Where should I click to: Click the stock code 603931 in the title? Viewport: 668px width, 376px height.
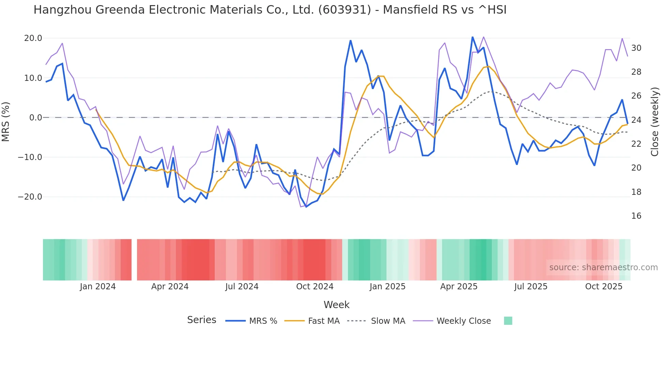click(x=345, y=10)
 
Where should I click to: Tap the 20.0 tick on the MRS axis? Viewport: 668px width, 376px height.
click(x=33, y=38)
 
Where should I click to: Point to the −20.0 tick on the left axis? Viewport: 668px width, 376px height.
click(x=30, y=197)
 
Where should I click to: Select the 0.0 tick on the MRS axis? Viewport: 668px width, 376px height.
click(x=35, y=118)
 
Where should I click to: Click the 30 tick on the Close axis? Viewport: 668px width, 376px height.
click(x=636, y=48)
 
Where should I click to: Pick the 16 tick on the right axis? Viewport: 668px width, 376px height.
click(x=636, y=216)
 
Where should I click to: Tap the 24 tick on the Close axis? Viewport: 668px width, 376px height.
click(x=636, y=120)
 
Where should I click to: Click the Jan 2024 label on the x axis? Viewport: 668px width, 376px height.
click(x=98, y=287)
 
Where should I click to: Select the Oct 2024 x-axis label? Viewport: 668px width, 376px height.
click(x=315, y=287)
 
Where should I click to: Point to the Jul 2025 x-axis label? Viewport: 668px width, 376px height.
click(x=531, y=287)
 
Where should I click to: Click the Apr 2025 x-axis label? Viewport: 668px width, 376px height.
click(x=459, y=287)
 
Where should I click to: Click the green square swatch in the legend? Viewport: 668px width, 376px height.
click(x=508, y=321)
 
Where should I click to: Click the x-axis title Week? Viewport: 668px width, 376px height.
click(x=336, y=305)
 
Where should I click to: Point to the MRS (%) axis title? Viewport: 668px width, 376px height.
click(x=6, y=121)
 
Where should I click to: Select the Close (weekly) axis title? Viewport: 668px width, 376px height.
click(x=654, y=121)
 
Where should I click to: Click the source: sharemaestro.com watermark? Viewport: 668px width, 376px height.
click(x=603, y=267)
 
